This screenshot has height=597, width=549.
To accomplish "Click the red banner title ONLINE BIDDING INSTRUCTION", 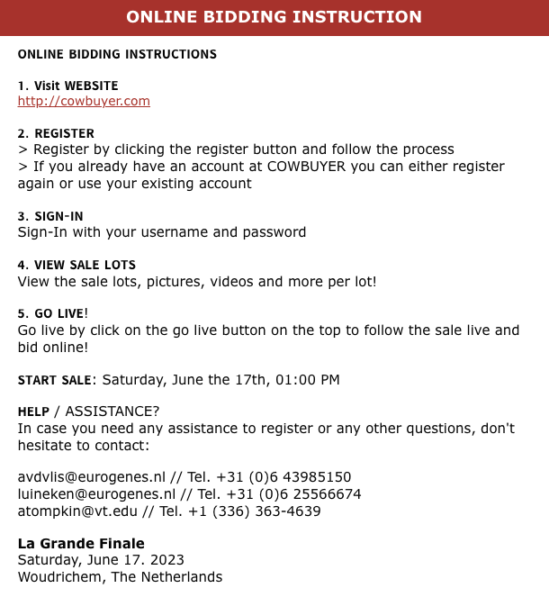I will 274,17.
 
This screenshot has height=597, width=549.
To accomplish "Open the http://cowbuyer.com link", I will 84,101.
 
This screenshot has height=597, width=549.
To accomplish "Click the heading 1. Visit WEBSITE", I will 67,86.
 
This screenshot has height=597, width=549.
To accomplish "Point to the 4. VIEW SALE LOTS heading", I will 76,265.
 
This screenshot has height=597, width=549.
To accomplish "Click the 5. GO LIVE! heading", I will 53,313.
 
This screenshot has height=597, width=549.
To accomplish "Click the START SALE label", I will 54,380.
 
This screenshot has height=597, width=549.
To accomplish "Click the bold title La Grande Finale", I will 81,543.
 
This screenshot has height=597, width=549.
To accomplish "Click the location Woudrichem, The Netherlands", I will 120,577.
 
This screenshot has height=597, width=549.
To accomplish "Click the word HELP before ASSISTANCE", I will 33,412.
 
